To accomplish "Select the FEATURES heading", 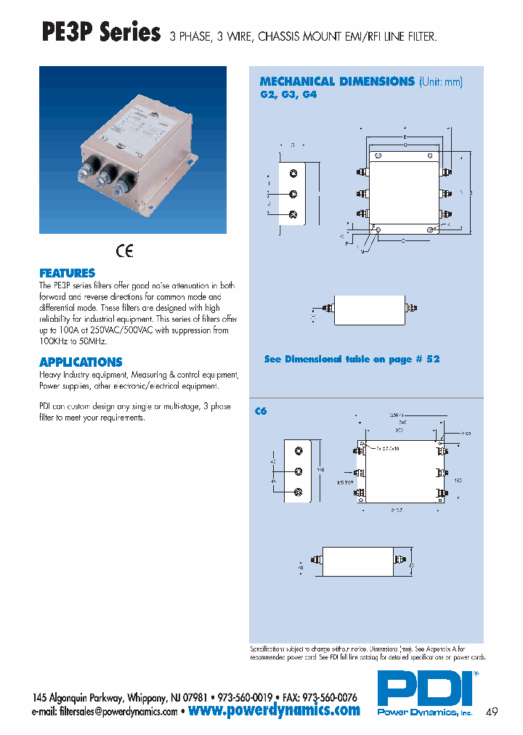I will tap(67, 273).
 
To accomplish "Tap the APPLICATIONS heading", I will tap(81, 362).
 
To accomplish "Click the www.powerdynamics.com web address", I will tap(274, 710).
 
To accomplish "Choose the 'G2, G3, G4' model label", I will tap(288, 94).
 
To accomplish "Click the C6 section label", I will tap(261, 411).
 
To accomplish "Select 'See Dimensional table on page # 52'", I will tap(352, 359).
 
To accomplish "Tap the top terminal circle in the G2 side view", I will tap(293, 174).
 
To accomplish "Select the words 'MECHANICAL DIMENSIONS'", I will tap(337, 81).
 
